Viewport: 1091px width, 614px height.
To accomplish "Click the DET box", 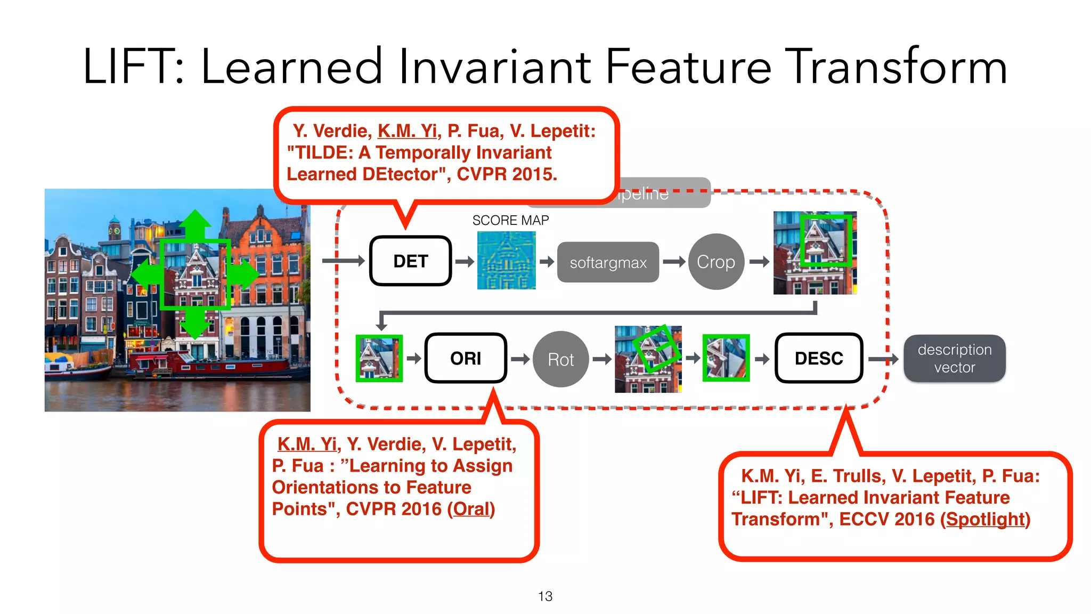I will point(410,261).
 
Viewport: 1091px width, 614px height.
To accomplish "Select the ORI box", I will point(465,358).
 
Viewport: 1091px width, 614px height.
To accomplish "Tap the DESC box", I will point(818,358).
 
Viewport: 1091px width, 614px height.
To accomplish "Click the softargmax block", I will point(608,262).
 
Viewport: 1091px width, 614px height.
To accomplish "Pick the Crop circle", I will point(715,262).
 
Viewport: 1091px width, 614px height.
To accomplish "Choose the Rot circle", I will point(560,359).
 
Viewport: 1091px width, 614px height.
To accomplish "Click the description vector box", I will point(954,358).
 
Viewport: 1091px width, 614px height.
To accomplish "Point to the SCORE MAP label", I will point(510,220).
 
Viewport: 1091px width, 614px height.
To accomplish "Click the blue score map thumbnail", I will point(506,261).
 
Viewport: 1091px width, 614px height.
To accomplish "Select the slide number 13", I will point(545,596).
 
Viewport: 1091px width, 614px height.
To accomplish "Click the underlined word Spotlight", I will point(986,519).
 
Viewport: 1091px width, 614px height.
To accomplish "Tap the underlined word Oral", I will point(471,509).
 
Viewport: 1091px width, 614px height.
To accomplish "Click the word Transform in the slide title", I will point(896,67).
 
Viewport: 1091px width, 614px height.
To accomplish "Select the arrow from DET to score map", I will point(464,261).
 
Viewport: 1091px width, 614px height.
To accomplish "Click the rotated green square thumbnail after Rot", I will point(648,359).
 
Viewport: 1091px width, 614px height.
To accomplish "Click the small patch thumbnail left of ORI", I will point(379,358).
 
